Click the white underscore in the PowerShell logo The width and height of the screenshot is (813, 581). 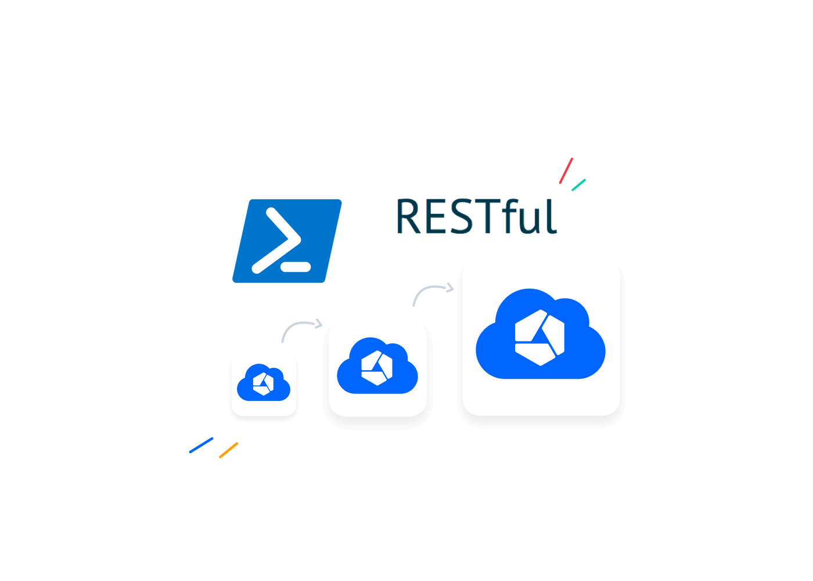(296, 268)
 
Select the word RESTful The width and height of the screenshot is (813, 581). (476, 217)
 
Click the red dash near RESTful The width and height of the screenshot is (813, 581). (566, 171)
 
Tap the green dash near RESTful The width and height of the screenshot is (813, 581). (578, 185)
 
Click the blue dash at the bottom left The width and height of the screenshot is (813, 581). (201, 445)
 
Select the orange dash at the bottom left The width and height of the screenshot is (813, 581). (229, 450)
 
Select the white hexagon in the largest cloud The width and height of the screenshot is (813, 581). (539, 338)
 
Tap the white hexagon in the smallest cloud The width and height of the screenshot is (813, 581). (264, 383)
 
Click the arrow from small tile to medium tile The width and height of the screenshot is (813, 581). (299, 327)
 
